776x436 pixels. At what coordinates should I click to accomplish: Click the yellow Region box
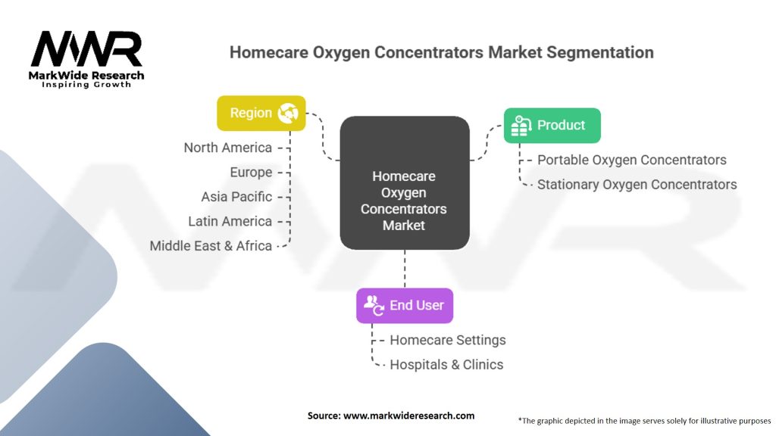(261, 114)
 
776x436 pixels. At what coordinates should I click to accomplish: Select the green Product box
(552, 126)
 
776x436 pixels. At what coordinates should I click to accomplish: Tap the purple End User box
(405, 306)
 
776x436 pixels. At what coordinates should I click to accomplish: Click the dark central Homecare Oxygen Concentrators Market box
(405, 183)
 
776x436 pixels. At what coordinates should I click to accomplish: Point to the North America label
(227, 148)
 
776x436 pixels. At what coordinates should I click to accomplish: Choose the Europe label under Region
(251, 173)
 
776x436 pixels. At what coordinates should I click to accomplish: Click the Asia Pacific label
(236, 197)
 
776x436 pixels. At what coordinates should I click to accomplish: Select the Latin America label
(230, 222)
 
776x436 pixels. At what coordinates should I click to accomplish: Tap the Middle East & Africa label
(211, 246)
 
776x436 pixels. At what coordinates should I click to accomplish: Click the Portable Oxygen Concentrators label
(632, 160)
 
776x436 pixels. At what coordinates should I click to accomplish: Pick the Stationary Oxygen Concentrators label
(637, 185)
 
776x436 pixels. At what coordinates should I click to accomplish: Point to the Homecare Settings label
(448, 340)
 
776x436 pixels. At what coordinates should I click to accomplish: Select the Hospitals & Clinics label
(446, 365)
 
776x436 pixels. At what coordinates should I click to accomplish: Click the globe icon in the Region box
(288, 114)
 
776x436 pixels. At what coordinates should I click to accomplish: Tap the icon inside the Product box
(521, 126)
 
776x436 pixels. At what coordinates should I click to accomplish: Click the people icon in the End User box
(374, 306)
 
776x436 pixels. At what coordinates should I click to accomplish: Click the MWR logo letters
(86, 49)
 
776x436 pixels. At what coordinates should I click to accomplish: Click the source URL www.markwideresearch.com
(408, 416)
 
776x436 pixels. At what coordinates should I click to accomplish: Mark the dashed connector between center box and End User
(405, 269)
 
